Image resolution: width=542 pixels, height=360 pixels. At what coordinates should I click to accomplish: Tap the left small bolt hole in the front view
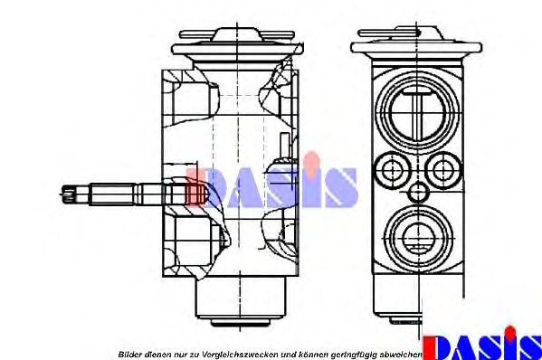[x=391, y=168]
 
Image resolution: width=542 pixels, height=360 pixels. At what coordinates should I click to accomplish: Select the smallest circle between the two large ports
[x=417, y=192]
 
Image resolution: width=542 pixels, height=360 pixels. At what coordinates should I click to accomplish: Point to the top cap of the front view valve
[x=417, y=40]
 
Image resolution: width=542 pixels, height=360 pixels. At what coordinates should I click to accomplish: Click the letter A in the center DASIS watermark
[x=240, y=186]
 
